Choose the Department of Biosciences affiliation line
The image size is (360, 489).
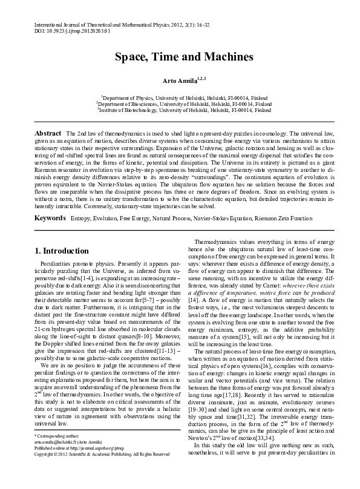pos(184,103)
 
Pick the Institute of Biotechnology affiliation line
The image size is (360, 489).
pos(184,110)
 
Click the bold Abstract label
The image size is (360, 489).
pos(48,133)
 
